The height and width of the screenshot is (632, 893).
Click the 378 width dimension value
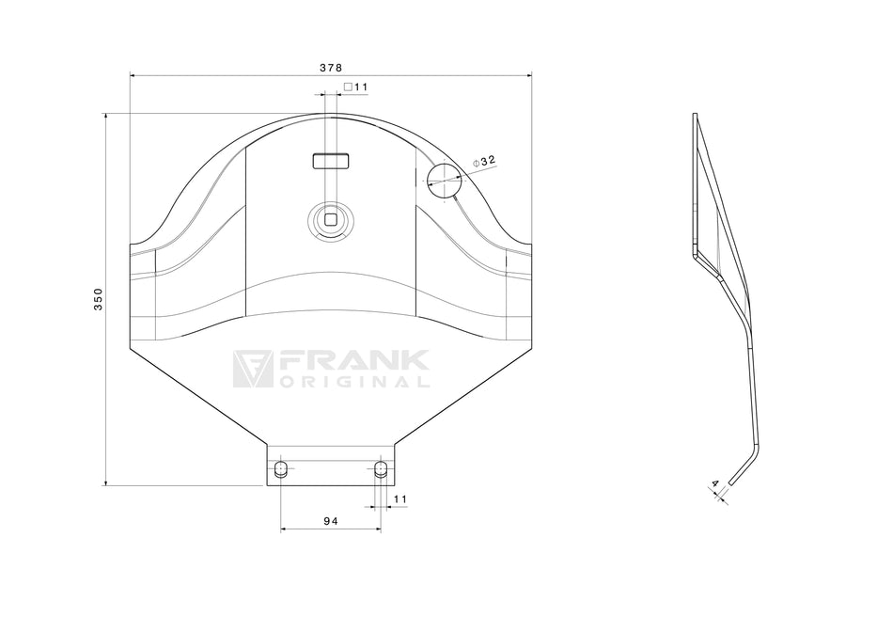click(330, 68)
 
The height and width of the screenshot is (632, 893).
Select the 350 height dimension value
click(99, 299)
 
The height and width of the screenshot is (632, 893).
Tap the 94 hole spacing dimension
click(331, 521)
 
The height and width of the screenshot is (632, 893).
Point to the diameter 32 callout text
click(484, 161)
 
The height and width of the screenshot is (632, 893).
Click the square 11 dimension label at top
click(356, 87)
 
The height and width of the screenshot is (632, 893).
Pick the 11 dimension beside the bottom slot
click(400, 499)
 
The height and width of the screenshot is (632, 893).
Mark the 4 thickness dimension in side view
click(714, 483)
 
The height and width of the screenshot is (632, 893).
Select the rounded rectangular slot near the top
click(331, 161)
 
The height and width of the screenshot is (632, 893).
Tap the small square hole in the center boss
click(331, 219)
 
